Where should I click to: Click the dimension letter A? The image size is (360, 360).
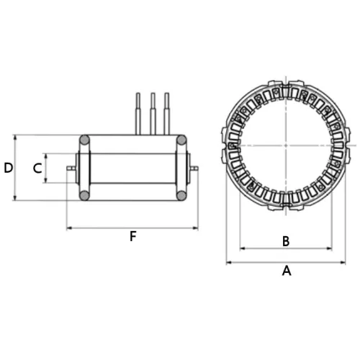(x=286, y=271)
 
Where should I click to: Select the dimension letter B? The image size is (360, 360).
(x=285, y=241)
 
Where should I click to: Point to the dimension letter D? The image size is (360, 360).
(x=8, y=168)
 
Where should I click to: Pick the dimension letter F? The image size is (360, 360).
(x=132, y=236)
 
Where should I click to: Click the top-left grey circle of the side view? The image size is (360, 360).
(x=84, y=140)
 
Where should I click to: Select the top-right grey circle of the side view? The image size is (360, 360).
(x=181, y=140)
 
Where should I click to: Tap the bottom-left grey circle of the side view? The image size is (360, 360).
(x=84, y=195)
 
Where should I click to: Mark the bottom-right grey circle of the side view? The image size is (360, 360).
(x=181, y=195)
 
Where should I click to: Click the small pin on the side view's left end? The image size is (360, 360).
(x=71, y=168)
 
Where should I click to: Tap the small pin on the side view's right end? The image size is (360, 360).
(x=194, y=168)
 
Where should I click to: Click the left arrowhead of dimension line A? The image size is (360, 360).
(x=229, y=263)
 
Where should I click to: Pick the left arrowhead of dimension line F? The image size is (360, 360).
(x=69, y=228)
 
